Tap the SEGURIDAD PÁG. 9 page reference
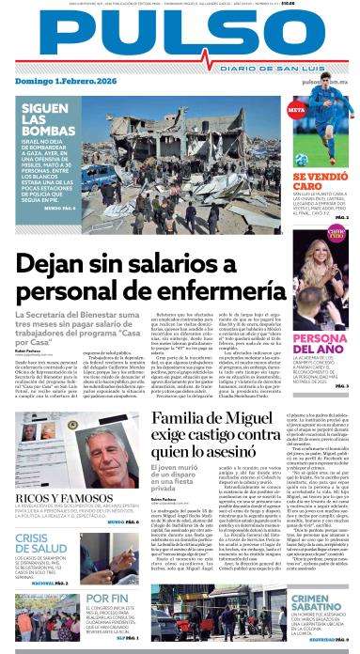click(x=334, y=641)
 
